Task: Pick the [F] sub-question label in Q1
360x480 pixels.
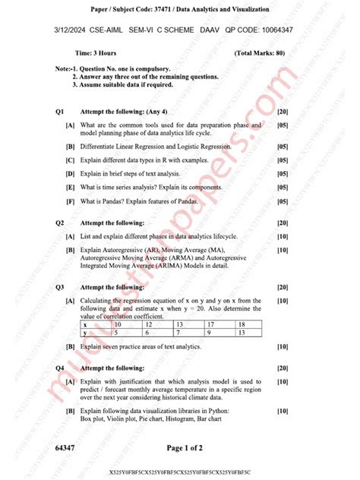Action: (70, 201)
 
